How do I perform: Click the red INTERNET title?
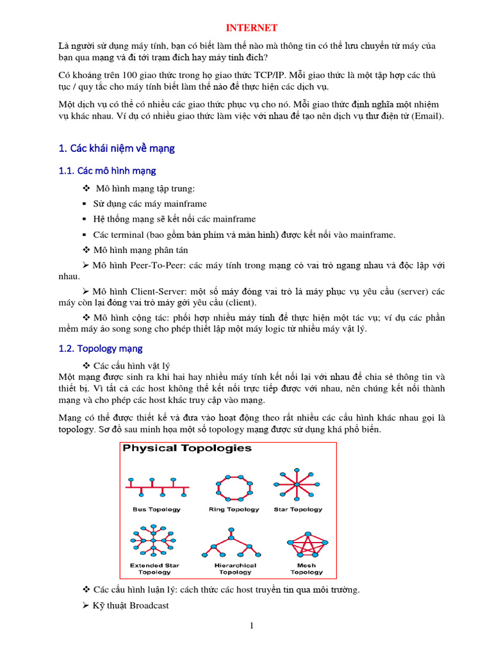tap(253, 28)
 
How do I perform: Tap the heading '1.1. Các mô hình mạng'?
tap(107, 171)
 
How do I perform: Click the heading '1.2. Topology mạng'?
tap(100, 348)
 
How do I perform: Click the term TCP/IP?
tap(271, 75)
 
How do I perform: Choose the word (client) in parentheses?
tap(238, 302)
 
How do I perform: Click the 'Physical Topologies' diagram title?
tap(187, 448)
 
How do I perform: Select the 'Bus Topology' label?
tap(156, 509)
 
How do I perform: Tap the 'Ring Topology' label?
tap(234, 509)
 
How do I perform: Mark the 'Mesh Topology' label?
tap(306, 569)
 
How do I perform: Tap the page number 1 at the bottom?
tap(252, 626)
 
